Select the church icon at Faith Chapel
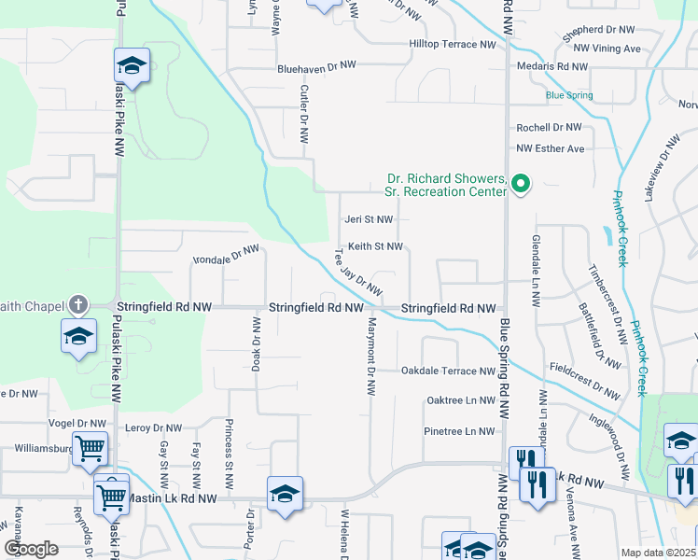tap(77, 305)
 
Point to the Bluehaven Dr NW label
tap(317, 66)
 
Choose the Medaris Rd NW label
tap(552, 66)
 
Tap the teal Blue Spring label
tap(569, 95)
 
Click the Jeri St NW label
tap(370, 219)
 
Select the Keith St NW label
tap(375, 246)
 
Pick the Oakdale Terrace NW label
tap(448, 371)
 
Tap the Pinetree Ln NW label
tap(459, 431)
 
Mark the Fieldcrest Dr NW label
tap(585, 382)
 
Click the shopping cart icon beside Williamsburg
tap(90, 448)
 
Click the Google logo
tap(33, 548)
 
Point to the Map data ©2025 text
tap(658, 553)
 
